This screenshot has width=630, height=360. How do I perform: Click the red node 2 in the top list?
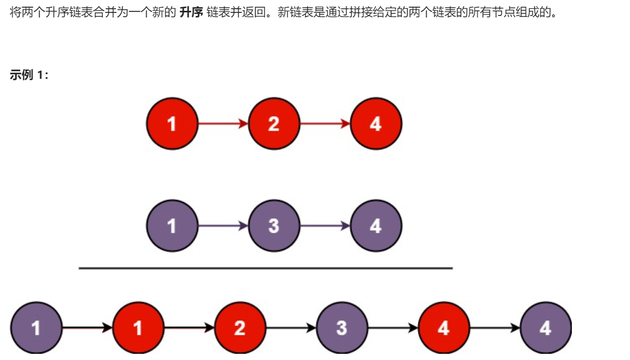[274, 124]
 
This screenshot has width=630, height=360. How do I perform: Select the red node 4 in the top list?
[376, 124]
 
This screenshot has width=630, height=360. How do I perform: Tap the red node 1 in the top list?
[172, 124]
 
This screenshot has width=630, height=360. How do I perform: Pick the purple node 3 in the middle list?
[274, 226]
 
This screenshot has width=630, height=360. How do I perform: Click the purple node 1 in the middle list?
[172, 226]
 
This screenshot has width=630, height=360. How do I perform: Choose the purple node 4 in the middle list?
[376, 226]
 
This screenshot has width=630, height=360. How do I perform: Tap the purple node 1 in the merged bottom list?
[36, 328]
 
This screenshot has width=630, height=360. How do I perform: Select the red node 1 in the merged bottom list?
[138, 328]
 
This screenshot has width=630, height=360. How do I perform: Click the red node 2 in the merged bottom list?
[240, 328]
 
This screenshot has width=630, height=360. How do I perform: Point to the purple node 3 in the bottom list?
[342, 328]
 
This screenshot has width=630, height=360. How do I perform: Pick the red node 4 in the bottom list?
[444, 328]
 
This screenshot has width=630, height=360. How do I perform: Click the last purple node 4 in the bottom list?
[546, 328]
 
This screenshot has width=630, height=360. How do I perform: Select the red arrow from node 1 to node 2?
[223, 124]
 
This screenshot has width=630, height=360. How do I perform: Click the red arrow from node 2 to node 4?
[325, 124]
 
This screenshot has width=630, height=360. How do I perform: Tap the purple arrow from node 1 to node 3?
[223, 226]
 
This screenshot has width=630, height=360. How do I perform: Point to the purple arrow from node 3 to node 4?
[325, 226]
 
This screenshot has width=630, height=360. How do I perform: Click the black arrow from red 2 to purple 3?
[291, 328]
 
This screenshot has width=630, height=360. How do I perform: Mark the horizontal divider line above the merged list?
[266, 268]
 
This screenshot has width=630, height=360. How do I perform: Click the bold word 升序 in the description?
[190, 12]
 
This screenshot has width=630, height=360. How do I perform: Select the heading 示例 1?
[29, 75]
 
